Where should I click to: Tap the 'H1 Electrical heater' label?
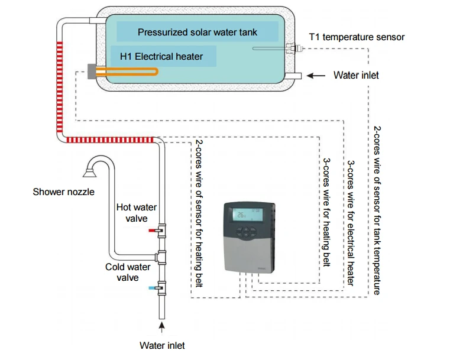(161, 57)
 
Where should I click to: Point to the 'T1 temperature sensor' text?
(357, 37)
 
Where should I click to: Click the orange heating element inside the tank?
(127, 72)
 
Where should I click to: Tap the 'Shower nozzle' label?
(63, 192)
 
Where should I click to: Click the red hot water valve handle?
(152, 228)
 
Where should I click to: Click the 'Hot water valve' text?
(137, 213)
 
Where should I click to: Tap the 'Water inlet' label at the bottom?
(162, 345)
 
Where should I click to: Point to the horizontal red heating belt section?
(109, 140)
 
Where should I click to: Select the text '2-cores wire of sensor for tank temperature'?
(377, 210)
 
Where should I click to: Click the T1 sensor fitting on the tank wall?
(291, 48)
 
